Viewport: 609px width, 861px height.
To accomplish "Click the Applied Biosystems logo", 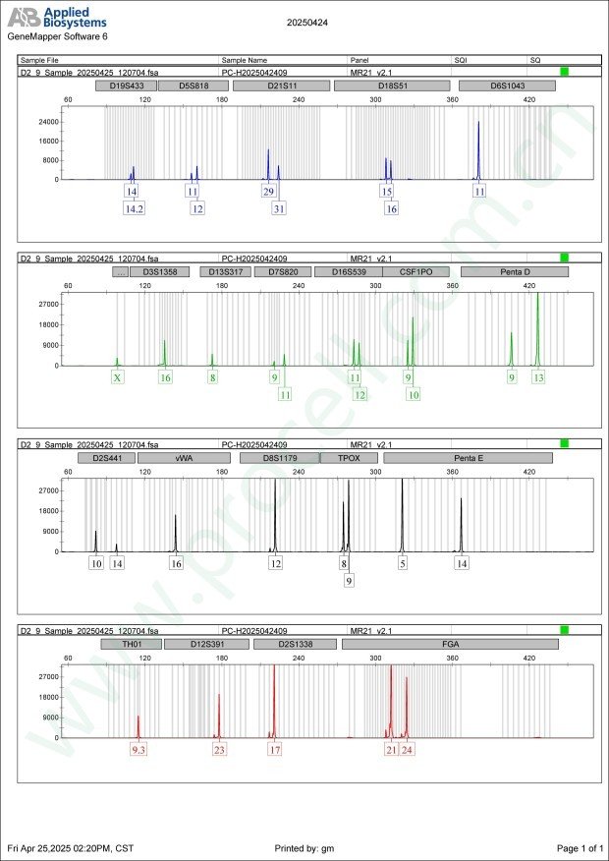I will click(57, 19).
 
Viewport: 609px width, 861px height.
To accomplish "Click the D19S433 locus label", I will click(125, 86).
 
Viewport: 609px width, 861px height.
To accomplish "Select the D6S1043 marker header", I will click(508, 86).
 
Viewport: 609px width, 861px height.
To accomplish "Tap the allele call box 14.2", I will click(135, 208).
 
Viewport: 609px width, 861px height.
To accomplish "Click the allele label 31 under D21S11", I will click(279, 208).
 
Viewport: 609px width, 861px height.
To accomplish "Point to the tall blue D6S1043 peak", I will click(478, 147).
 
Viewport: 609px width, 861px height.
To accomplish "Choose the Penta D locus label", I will click(514, 271).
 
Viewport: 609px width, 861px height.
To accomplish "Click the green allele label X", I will click(118, 377).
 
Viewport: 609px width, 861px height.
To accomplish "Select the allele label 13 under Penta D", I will click(538, 377).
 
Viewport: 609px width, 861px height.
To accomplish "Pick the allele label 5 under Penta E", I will click(402, 564).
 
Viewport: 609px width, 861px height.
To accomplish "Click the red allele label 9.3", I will click(138, 750).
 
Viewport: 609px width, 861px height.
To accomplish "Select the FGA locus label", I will click(449, 644).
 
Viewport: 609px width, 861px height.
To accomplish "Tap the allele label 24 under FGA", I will click(407, 750).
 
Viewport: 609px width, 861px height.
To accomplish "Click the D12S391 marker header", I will click(206, 644).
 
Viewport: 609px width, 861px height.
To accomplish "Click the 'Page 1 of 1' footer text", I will click(580, 847).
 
